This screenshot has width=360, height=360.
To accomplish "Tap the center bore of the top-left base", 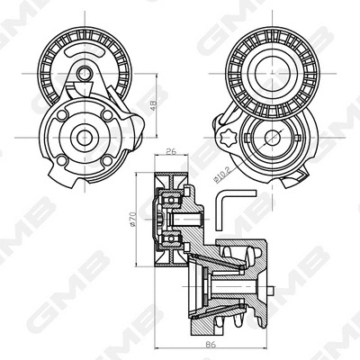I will [85, 138].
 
